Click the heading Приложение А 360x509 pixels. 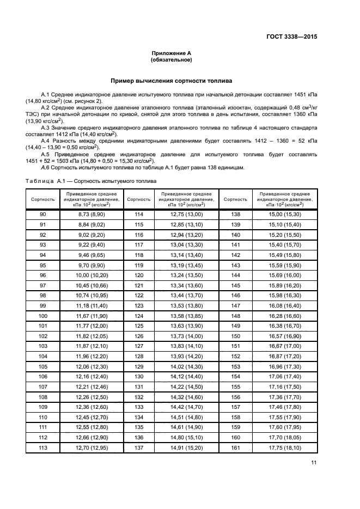172,53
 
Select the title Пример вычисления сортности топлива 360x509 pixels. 172,81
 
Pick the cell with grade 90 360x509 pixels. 43,214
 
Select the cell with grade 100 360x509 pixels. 43,316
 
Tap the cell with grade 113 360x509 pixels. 43,447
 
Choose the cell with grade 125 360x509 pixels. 138,326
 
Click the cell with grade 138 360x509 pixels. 235,214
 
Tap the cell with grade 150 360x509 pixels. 235,336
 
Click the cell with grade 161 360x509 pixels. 235,447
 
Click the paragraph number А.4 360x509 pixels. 46,140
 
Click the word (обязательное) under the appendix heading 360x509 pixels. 172,60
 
